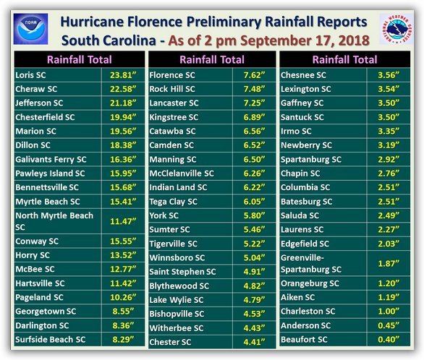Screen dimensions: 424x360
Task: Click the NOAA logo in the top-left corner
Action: [x=30, y=29]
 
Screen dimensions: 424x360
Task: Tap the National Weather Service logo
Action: [x=397, y=29]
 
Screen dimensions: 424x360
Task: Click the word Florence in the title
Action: [x=155, y=22]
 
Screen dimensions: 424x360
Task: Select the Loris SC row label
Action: [x=30, y=75]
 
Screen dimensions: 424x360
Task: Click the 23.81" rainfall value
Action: [x=123, y=75]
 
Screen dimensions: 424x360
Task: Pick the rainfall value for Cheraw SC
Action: [x=123, y=89]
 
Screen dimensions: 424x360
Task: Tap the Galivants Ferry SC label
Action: [x=51, y=159]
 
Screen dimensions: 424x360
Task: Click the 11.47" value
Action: [x=123, y=221]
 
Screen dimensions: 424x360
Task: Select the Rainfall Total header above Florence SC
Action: [x=212, y=60]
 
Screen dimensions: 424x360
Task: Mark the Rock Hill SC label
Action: [x=172, y=89]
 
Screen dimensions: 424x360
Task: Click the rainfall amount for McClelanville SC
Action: [x=254, y=173]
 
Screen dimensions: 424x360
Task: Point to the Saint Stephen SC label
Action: [x=182, y=272]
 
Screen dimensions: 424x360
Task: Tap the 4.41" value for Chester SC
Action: [x=254, y=342]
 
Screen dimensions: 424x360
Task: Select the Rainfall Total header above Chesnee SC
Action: [x=344, y=60]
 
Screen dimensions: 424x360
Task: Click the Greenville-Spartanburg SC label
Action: [x=311, y=264]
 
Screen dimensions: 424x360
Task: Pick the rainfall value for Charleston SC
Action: [x=389, y=312]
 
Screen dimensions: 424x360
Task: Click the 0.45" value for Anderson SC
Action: [x=389, y=325]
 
